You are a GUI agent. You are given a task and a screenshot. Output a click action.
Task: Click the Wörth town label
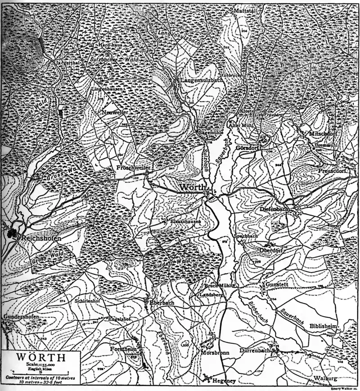pos(193,187)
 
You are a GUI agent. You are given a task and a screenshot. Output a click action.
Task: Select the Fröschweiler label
pos(132,167)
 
